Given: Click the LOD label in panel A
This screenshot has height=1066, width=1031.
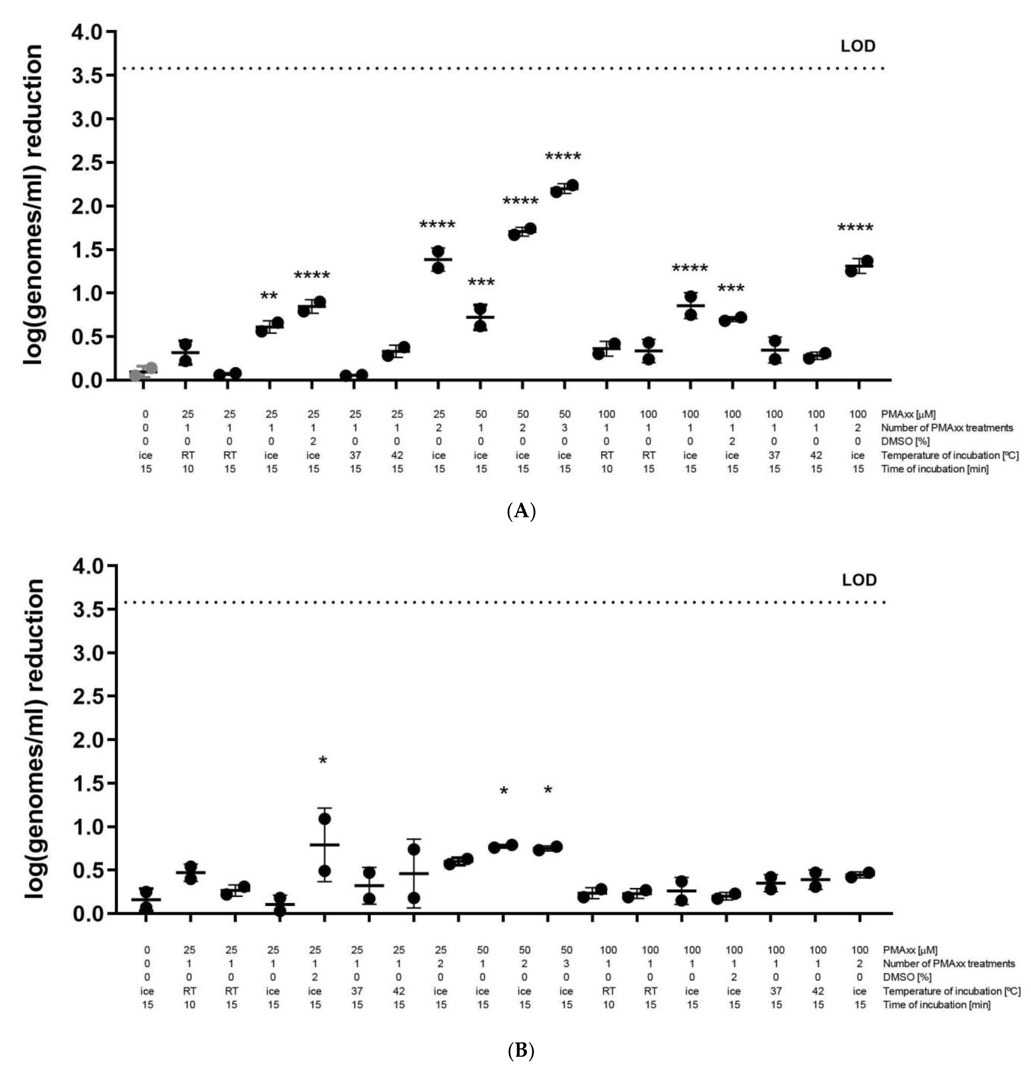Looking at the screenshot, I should pos(858,46).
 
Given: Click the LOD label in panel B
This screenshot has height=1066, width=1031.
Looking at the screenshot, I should pos(859,580).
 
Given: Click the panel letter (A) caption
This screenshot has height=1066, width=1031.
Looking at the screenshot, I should pos(521,511).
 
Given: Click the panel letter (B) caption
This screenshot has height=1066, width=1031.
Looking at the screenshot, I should pos(521,1051).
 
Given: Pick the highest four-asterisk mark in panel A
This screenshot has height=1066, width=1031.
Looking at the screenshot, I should pos(563,157).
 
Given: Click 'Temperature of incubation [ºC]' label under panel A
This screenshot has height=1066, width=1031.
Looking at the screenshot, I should pos(949,455).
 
